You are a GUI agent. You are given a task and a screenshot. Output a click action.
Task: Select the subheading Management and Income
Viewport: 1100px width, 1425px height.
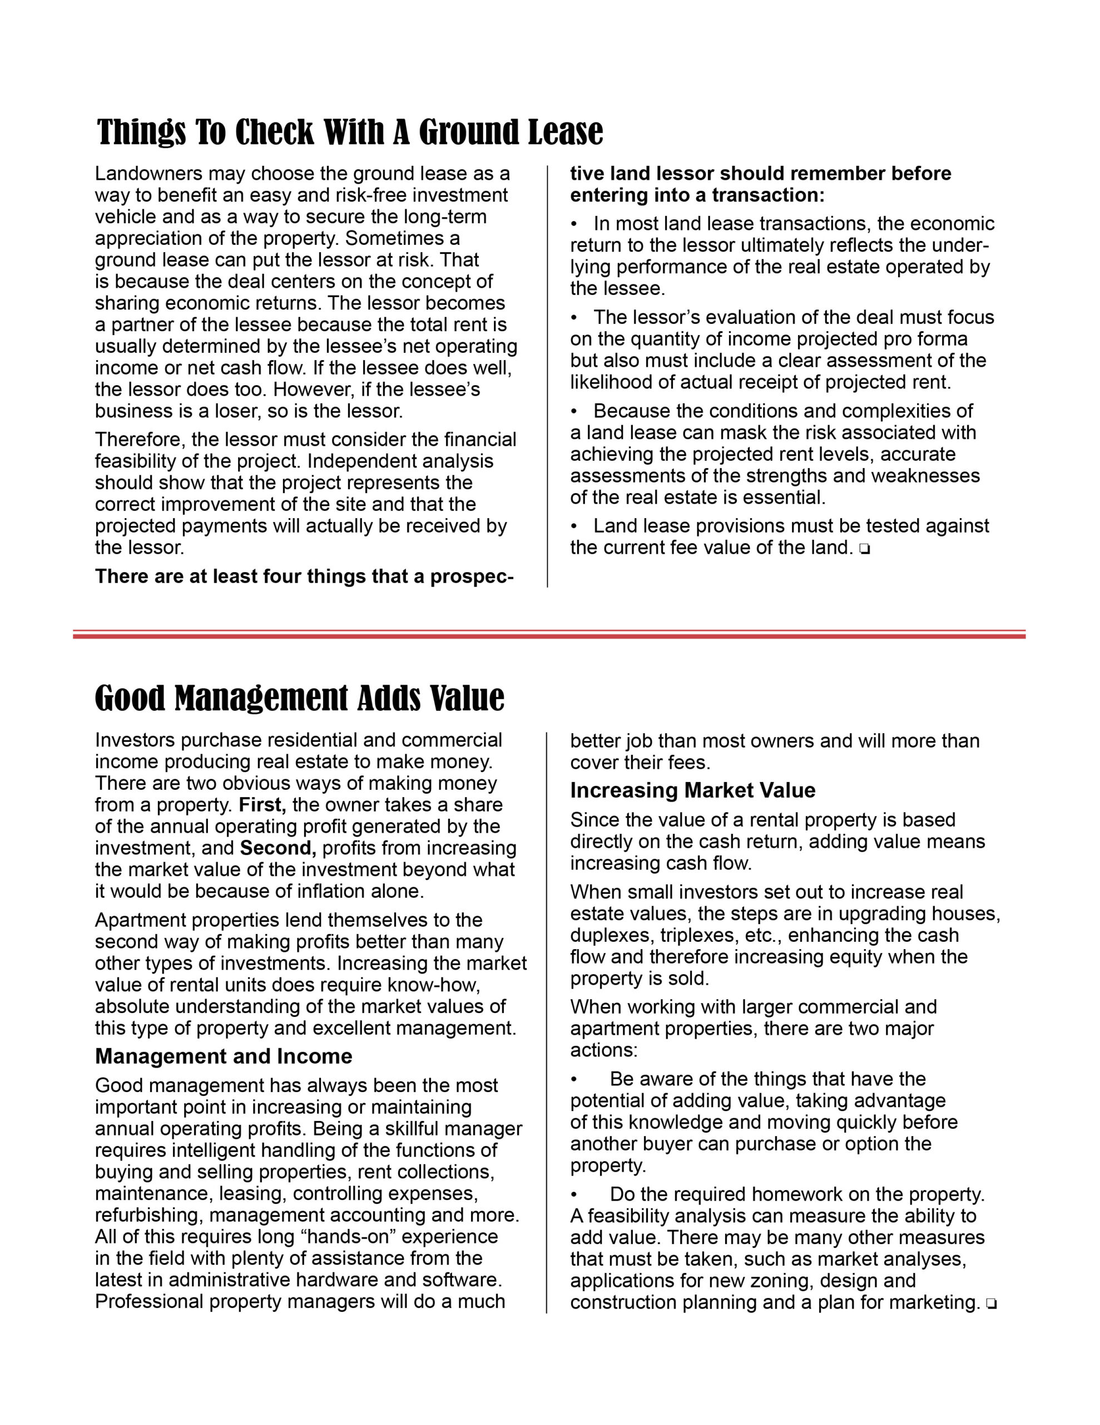[223, 1057]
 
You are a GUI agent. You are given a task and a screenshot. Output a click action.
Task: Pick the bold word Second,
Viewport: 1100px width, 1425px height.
[279, 848]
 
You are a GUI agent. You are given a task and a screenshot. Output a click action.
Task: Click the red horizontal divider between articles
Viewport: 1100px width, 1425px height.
[549, 634]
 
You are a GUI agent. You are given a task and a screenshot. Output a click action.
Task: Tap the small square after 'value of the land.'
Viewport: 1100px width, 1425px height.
[865, 549]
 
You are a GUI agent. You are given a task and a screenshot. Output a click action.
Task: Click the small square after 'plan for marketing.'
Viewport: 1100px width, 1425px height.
[990, 1304]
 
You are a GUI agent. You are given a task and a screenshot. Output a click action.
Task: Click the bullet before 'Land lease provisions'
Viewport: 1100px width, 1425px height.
[574, 526]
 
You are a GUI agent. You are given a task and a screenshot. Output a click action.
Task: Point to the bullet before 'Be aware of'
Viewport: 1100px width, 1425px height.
[574, 1079]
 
